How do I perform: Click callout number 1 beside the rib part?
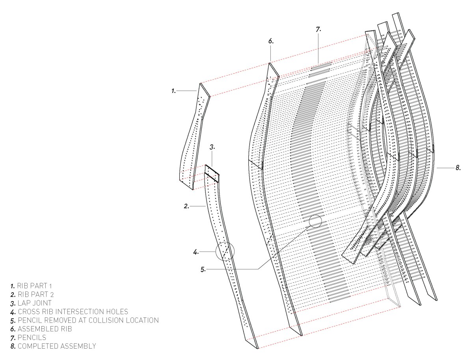(173, 91)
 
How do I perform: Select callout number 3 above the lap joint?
(212, 147)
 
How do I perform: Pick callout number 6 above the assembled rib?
(270, 41)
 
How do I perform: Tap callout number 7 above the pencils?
(318, 29)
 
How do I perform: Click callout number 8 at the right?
(458, 168)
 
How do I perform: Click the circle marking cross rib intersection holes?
(225, 251)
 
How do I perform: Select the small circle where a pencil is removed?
(315, 221)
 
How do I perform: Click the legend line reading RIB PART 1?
(32, 285)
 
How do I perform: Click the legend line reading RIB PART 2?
(32, 294)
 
